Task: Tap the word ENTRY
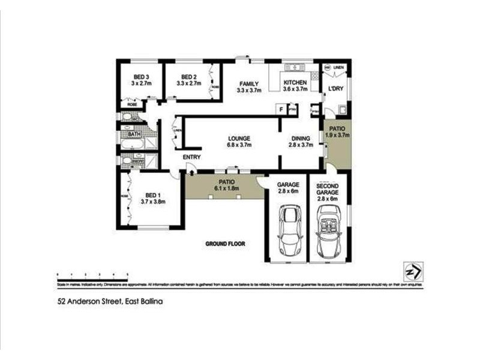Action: click(x=192, y=157)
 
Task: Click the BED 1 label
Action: click(x=153, y=199)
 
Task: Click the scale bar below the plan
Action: click(x=92, y=275)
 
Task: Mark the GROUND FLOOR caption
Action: click(x=226, y=244)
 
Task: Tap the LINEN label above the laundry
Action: click(x=339, y=67)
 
